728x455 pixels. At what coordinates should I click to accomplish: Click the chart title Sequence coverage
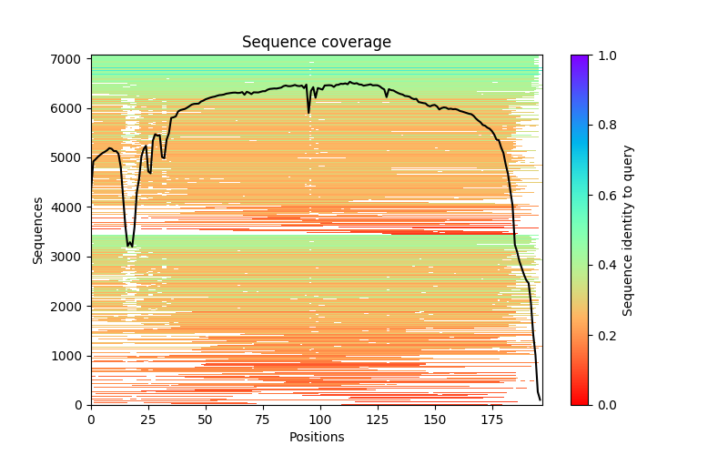point(316,43)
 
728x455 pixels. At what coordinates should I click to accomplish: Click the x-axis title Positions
point(316,437)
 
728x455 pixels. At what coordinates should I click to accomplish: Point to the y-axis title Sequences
point(38,230)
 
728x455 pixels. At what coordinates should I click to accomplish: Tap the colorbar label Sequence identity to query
point(628,230)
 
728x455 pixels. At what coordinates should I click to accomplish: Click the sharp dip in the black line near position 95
point(308,112)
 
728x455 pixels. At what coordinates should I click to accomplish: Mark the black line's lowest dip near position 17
point(131,246)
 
